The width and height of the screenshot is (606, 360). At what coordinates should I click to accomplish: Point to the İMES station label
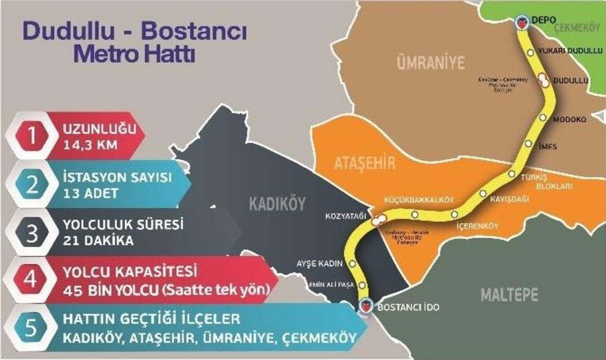[548, 147]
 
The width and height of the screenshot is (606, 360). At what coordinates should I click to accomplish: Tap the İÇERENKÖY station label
[475, 226]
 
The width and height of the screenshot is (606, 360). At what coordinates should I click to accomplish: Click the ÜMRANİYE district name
[431, 62]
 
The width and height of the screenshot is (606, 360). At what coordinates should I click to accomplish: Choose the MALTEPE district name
[509, 294]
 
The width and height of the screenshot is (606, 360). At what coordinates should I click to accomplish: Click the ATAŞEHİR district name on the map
[365, 164]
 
